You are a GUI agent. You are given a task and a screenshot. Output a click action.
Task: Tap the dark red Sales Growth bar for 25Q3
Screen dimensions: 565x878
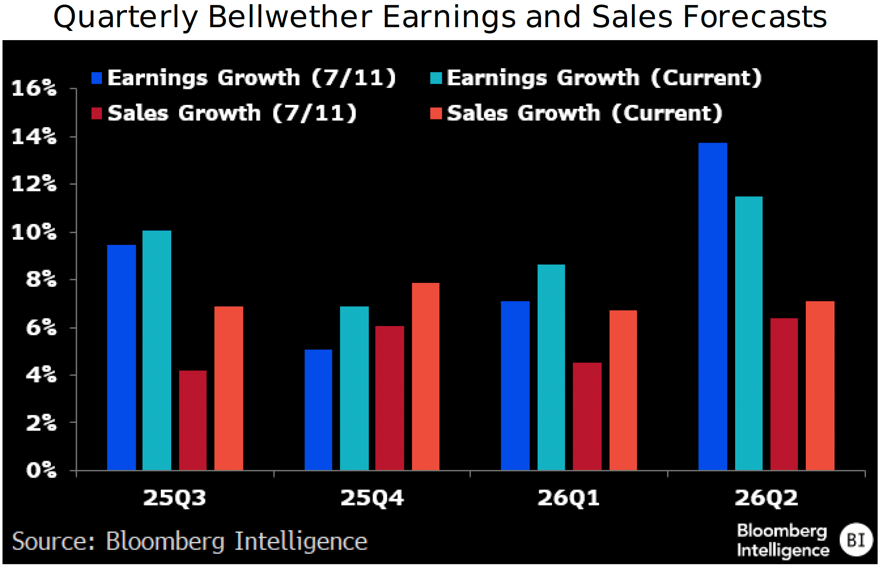point(193,420)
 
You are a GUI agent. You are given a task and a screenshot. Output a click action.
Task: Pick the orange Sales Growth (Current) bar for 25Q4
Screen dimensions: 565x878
point(425,376)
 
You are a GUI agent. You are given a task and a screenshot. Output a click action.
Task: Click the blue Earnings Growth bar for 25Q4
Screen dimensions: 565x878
point(318,410)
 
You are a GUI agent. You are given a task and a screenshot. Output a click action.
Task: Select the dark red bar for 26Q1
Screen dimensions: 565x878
point(587,416)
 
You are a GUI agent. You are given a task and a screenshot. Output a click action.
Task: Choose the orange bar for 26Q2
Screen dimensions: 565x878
point(820,385)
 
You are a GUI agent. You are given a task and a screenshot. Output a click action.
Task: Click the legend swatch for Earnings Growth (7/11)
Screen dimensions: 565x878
point(96,78)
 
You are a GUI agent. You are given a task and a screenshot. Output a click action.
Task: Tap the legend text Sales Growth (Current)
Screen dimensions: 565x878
point(584,113)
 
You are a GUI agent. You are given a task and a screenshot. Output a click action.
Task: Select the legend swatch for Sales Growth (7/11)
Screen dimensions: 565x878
point(96,113)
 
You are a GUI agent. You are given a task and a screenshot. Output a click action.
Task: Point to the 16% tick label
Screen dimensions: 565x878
point(34,88)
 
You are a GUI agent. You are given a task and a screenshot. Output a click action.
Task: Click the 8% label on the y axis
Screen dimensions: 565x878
point(41,279)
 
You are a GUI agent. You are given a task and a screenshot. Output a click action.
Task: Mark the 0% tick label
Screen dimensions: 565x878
point(41,470)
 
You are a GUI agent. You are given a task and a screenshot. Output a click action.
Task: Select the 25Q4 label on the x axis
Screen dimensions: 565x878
point(372,498)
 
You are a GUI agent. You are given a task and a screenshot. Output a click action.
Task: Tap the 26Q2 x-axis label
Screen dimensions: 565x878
point(766,498)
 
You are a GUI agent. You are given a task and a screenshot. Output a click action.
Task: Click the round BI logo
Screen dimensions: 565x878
point(856,540)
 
